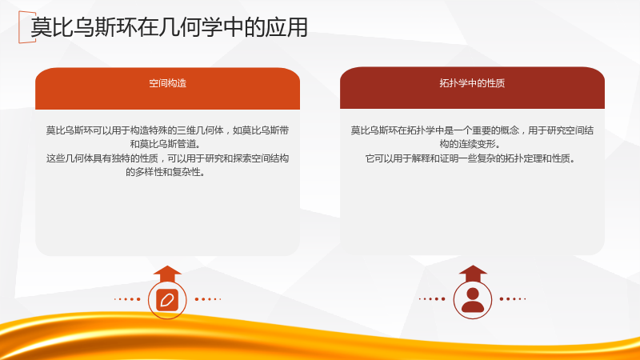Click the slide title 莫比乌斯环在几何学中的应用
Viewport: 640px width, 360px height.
click(x=169, y=27)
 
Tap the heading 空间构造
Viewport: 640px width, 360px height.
click(x=168, y=83)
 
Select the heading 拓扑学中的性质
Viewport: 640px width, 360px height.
click(x=472, y=83)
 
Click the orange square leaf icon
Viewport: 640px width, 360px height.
click(x=167, y=300)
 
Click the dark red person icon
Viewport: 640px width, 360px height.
click(x=473, y=300)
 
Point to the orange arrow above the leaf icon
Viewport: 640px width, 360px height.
click(x=167, y=274)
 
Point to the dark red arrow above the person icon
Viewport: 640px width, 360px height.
click(x=473, y=274)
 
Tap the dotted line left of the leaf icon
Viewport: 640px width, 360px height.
click(x=127, y=299)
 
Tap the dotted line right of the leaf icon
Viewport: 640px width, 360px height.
click(x=208, y=299)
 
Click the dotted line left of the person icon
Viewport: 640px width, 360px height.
click(x=432, y=298)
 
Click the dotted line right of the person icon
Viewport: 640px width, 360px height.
click(x=513, y=298)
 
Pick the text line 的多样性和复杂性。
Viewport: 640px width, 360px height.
click(x=166, y=172)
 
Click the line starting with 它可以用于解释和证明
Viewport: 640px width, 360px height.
click(x=470, y=158)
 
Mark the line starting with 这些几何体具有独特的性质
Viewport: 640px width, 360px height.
click(x=167, y=158)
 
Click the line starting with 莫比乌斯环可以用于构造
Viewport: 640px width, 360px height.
click(x=167, y=130)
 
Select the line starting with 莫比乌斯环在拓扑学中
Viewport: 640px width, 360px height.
click(x=472, y=130)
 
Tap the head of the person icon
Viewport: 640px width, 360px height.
click(x=473, y=293)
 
